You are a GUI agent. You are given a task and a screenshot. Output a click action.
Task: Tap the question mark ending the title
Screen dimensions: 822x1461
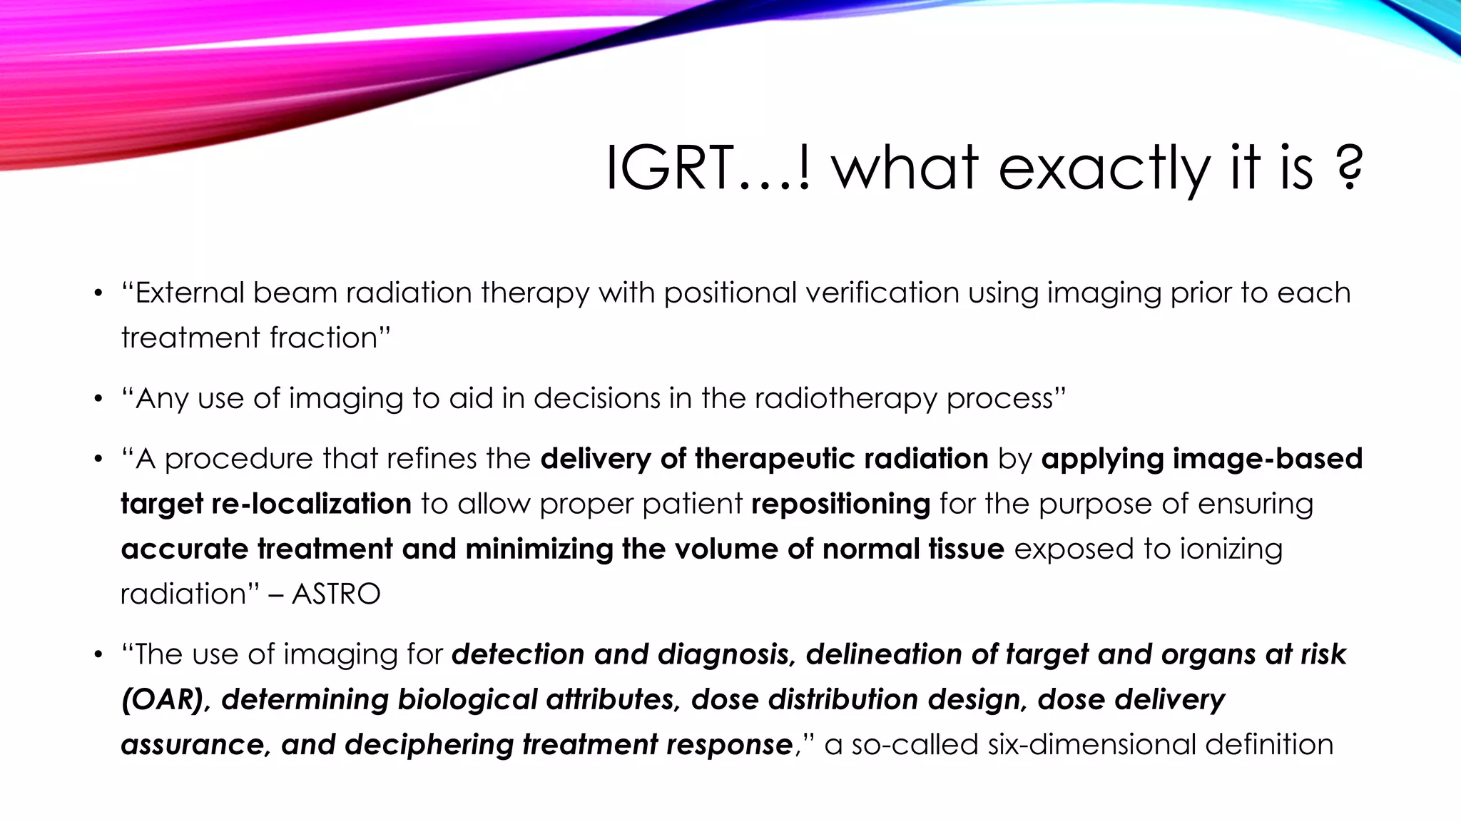(x=1348, y=168)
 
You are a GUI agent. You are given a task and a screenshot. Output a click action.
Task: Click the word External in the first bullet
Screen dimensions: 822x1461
(x=189, y=293)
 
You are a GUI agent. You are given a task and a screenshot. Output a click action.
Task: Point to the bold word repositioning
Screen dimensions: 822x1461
(x=841, y=504)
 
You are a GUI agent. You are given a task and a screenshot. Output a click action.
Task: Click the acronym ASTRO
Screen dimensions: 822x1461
(x=337, y=594)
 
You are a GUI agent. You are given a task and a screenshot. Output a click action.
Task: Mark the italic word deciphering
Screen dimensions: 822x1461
(x=429, y=744)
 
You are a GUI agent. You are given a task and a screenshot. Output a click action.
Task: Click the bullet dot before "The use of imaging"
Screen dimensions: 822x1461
(x=99, y=655)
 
